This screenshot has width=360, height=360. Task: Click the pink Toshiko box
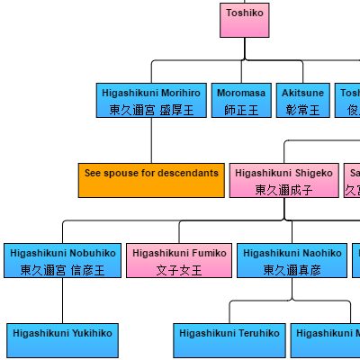click(245, 20)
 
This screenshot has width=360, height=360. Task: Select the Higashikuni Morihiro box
click(151, 101)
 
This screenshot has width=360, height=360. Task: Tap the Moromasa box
click(241, 101)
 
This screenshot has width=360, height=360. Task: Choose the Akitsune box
click(302, 101)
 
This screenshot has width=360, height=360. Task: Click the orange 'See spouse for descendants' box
click(151, 179)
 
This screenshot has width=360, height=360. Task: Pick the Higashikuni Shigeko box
click(283, 179)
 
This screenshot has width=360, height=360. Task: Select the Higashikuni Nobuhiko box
click(62, 260)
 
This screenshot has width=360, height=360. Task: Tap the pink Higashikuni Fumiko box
click(179, 260)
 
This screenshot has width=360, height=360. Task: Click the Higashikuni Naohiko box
click(292, 260)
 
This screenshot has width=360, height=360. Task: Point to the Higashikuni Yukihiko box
click(62, 340)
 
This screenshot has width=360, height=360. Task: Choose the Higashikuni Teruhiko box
click(229, 340)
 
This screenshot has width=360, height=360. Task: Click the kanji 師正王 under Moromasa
click(241, 110)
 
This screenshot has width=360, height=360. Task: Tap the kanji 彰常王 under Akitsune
click(302, 110)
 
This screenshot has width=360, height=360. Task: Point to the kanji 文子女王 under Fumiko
click(179, 270)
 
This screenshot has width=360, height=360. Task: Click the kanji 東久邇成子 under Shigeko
click(283, 190)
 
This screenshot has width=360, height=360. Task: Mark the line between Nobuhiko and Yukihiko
click(62, 301)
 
